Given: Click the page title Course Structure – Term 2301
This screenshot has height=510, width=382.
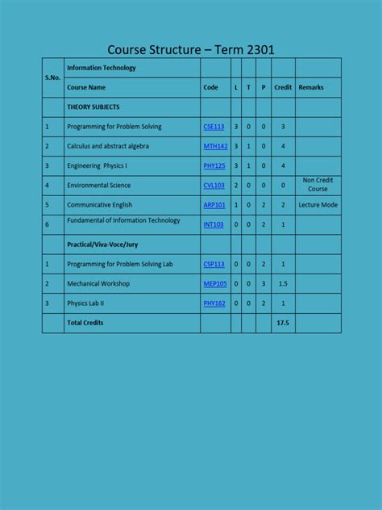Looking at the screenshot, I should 191,49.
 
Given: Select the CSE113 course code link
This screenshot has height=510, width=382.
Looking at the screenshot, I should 214,127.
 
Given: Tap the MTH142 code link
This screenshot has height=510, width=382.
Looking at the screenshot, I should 215,146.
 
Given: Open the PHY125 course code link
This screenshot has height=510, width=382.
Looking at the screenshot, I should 214,165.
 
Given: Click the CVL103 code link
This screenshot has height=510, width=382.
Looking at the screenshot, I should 214,185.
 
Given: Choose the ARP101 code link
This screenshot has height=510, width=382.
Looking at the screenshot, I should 214,205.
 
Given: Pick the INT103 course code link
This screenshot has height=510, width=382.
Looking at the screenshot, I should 214,224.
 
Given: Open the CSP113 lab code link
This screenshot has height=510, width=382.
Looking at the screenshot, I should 214,264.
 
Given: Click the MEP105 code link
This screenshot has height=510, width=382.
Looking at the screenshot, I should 215,284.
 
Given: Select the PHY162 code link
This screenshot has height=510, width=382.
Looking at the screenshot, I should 214,303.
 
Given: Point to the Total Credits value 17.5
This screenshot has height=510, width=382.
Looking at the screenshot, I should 283,323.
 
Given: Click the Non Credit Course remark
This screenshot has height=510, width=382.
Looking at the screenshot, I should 318,185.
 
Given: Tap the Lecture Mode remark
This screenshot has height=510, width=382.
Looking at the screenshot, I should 318,205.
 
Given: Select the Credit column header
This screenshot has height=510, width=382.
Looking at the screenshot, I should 283,87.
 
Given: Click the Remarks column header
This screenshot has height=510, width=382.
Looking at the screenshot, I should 310,87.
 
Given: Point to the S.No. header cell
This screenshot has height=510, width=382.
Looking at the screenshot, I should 52,77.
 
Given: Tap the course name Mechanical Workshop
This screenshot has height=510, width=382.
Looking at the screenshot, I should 98,284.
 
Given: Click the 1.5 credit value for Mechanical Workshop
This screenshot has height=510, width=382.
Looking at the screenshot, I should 283,284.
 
